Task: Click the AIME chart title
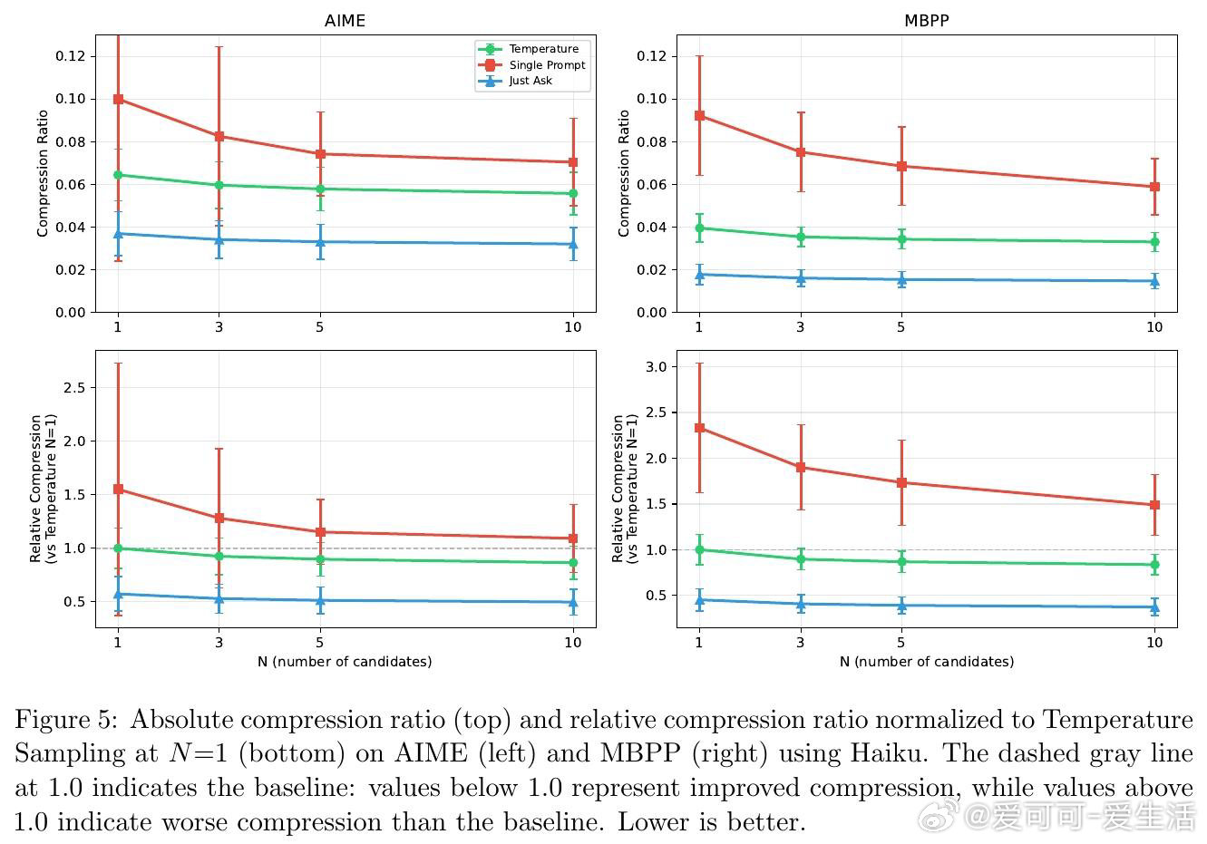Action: coord(345,20)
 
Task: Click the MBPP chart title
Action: coord(926,20)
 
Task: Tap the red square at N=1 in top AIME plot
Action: coord(118,99)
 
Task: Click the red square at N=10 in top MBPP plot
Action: coord(1154,187)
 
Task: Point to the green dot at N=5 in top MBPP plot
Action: coord(901,239)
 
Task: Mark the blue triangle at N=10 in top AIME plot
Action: coord(573,244)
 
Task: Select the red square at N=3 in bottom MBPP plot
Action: coord(801,468)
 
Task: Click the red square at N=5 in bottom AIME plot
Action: coord(320,532)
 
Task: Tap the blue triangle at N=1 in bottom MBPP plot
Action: coord(699,599)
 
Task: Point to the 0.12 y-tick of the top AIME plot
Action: coord(70,56)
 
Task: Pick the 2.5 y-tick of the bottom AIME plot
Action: coord(75,388)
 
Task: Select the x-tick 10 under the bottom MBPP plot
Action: coord(1154,643)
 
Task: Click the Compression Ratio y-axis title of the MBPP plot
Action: coord(624,173)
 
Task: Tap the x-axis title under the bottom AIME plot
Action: coord(345,662)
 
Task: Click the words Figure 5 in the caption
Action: coord(64,720)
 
